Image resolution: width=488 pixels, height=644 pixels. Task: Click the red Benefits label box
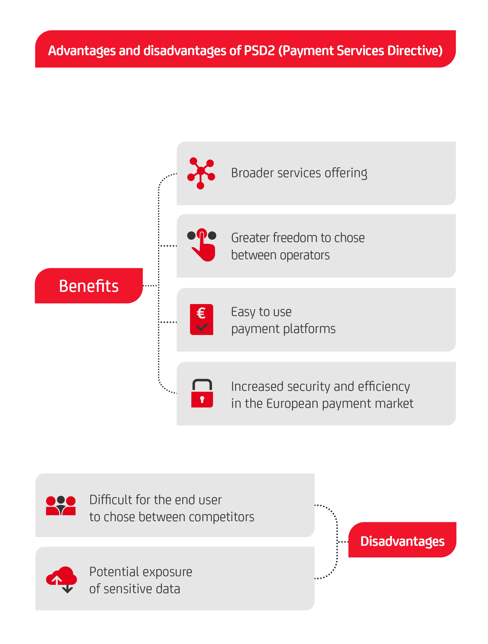point(89,286)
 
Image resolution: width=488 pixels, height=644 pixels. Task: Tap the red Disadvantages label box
point(402,540)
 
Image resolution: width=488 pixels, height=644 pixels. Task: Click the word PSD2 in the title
point(259,51)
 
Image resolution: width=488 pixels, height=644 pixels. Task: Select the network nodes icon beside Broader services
point(201,173)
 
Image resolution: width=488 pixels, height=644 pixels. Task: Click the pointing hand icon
point(202,245)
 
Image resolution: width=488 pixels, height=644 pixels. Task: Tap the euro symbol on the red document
point(201,313)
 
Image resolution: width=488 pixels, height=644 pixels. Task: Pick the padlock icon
point(202,393)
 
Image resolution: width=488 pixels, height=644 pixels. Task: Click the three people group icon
point(61,506)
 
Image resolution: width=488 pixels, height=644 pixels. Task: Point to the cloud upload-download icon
point(62,580)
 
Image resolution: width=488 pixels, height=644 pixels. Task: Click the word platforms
point(309,329)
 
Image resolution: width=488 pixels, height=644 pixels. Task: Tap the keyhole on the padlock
point(202,399)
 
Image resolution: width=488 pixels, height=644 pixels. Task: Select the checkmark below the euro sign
point(202,327)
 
